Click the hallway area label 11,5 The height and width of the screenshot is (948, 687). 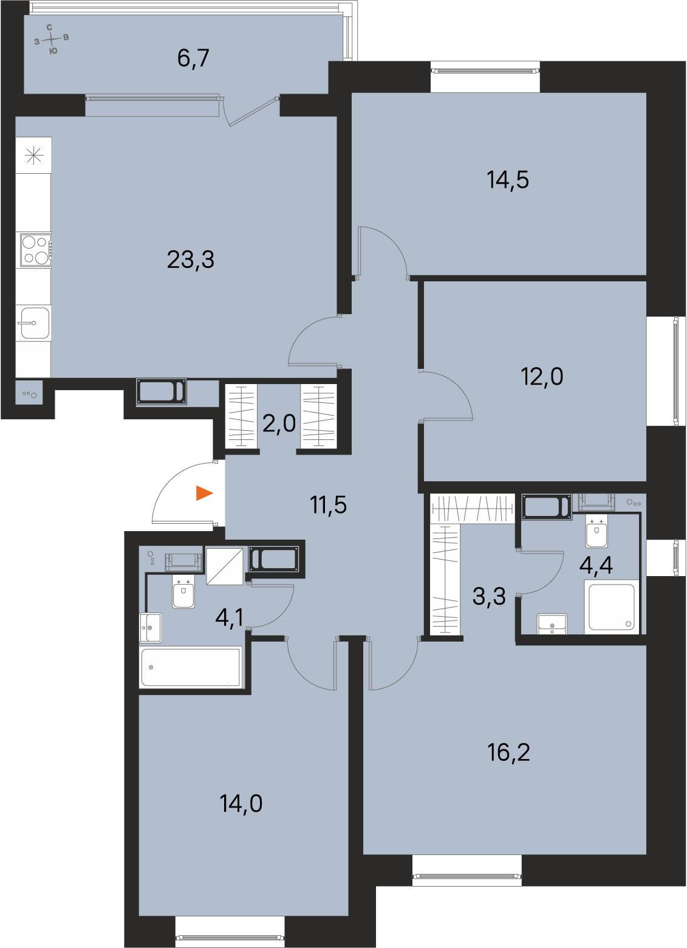coord(328,505)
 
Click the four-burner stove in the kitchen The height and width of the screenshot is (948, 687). coord(35,250)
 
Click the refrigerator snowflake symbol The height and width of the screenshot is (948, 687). coord(34,156)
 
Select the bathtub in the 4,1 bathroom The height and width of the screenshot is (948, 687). coord(191,667)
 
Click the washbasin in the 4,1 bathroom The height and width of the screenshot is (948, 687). coord(151,627)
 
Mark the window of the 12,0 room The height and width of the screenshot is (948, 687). coord(675,370)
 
